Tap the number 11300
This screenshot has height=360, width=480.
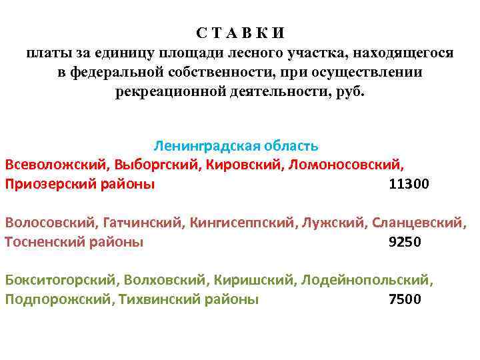409,184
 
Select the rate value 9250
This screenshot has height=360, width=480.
405,242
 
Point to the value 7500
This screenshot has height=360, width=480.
405,299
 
